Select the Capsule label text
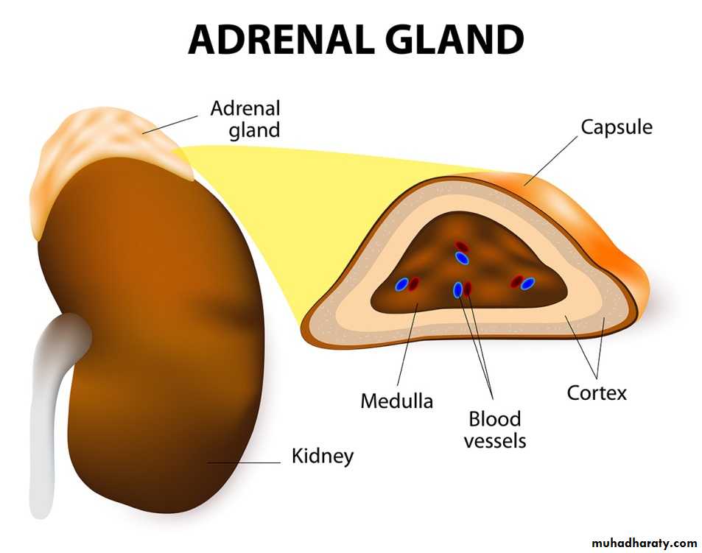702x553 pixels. point(617,128)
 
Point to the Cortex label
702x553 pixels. point(597,392)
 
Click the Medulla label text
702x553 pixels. point(396,401)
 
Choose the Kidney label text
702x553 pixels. point(323,457)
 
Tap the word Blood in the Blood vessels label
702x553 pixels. point(495,419)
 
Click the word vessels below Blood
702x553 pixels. point(495,441)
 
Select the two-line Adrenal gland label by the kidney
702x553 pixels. point(245,119)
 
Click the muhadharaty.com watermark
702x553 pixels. point(645,543)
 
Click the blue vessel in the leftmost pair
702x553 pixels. point(401,284)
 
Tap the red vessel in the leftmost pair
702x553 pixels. point(414,283)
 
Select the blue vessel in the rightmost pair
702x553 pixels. point(528,283)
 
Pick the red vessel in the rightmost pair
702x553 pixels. point(518,281)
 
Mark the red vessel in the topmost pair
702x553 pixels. point(462,247)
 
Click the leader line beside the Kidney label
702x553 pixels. point(244,463)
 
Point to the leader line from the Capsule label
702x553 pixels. point(551,161)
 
